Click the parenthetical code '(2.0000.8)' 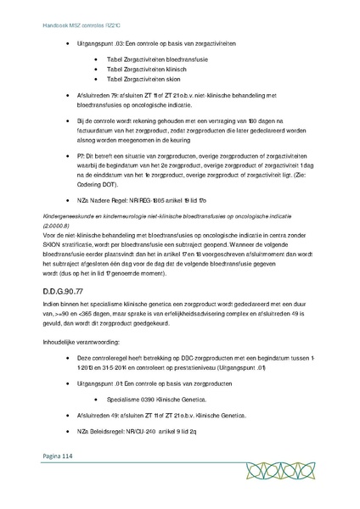(x=60, y=226)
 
